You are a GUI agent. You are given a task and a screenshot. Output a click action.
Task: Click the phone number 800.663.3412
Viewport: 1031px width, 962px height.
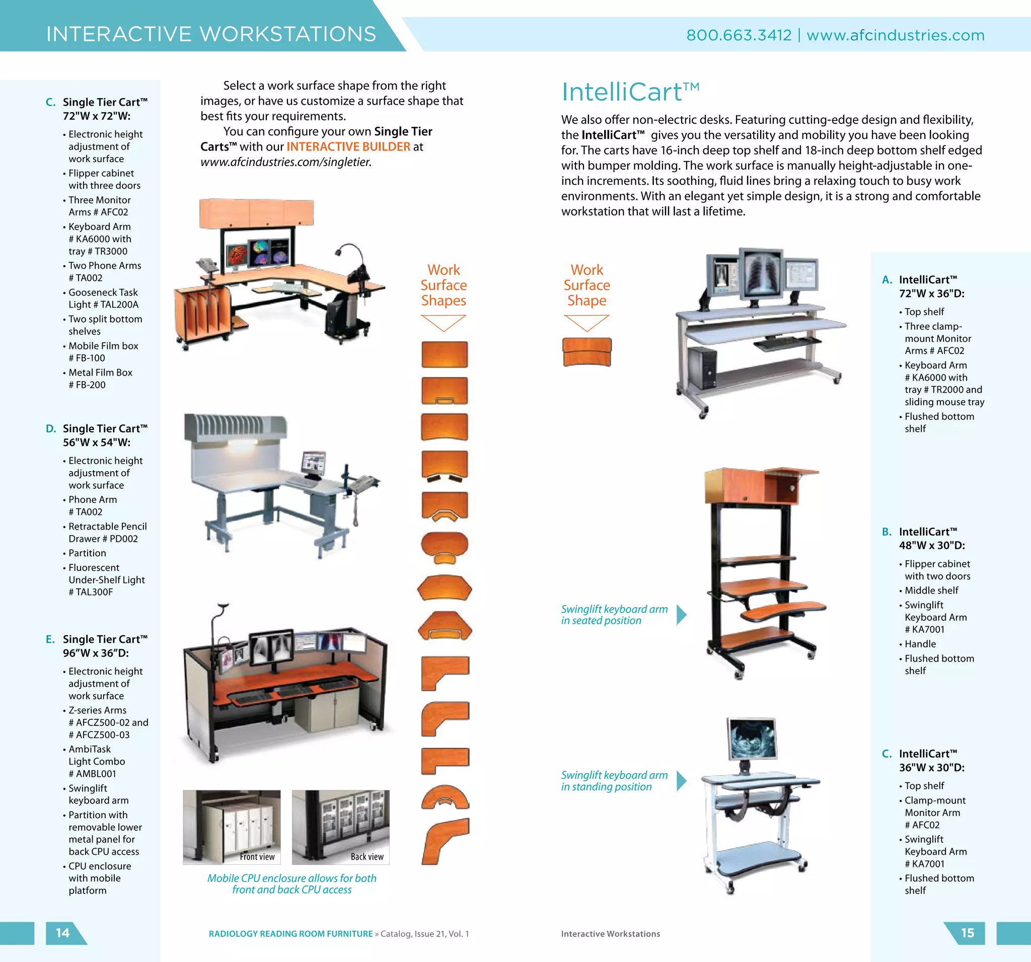pyautogui.click(x=739, y=35)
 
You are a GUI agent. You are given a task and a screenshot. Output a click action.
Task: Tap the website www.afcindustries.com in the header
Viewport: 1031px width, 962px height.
pyautogui.click(x=895, y=35)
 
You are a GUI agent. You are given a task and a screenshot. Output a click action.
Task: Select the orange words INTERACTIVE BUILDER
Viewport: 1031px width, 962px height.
pyautogui.click(x=348, y=147)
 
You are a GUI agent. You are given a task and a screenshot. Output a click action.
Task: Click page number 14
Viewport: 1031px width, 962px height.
pyautogui.click(x=63, y=933)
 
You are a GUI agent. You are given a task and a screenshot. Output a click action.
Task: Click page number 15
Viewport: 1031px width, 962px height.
pyautogui.click(x=967, y=933)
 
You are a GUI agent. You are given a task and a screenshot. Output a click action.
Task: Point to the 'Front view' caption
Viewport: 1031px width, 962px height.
pyautogui.click(x=257, y=857)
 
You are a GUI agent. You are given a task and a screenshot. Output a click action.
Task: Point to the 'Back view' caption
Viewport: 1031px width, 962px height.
pyautogui.click(x=367, y=857)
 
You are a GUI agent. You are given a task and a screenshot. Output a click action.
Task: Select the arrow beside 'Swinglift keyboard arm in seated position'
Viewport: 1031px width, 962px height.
pyautogui.click(x=682, y=615)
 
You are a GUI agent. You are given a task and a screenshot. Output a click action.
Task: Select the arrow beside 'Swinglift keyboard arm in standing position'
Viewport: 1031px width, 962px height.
pyautogui.click(x=682, y=780)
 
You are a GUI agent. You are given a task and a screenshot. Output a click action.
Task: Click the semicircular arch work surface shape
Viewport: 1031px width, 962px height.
pyautogui.click(x=445, y=797)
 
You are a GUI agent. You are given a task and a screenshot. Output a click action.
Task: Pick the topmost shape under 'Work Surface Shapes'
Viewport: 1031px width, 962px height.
pyautogui.click(x=445, y=354)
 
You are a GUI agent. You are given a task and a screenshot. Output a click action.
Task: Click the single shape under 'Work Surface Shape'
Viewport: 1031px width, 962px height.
pyautogui.click(x=586, y=352)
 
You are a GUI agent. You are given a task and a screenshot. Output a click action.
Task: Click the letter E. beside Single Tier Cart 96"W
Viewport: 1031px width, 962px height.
pyautogui.click(x=50, y=639)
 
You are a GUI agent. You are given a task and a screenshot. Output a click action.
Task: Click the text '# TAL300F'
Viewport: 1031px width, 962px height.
pyautogui.click(x=91, y=591)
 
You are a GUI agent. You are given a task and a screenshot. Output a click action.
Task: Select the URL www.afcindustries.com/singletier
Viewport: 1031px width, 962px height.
pyautogui.click(x=286, y=162)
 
